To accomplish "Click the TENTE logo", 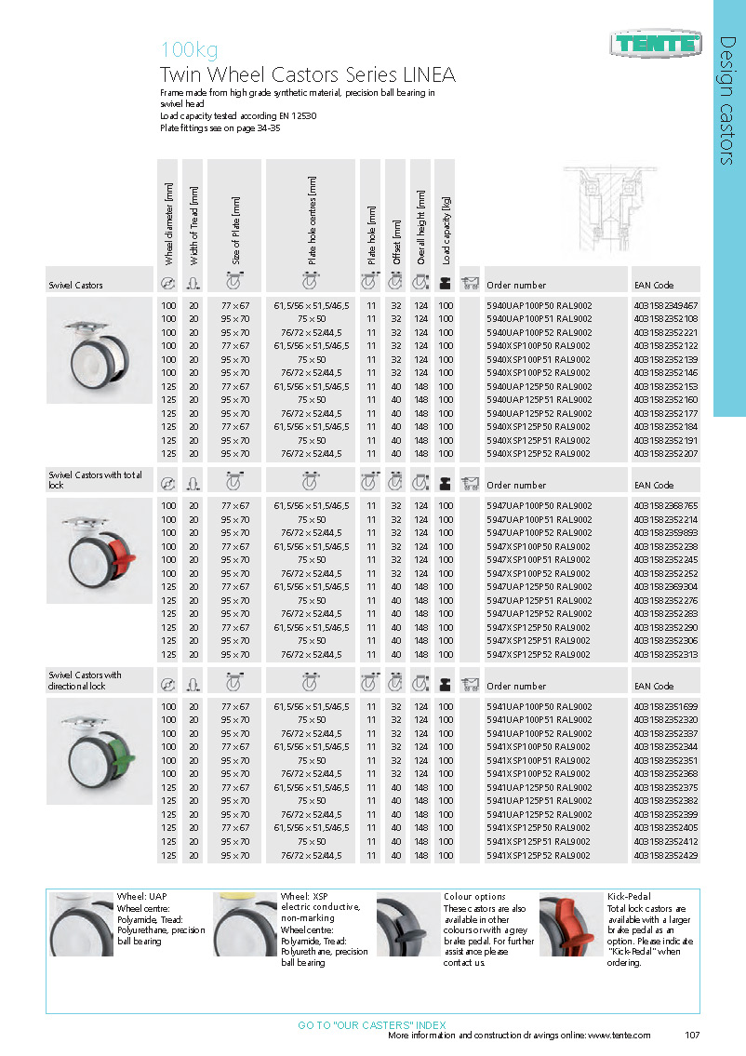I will [x=657, y=42].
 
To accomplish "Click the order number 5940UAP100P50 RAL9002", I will [x=539, y=305].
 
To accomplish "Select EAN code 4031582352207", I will [x=665, y=454].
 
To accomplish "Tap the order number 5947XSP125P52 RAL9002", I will [x=539, y=654].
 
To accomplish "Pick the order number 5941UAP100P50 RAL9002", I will [x=539, y=706].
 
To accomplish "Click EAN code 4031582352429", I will [x=665, y=855].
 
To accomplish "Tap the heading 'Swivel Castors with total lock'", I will [x=96, y=480].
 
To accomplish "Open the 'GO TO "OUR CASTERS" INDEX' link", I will [x=371, y=1024].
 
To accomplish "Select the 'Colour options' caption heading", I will [x=474, y=897].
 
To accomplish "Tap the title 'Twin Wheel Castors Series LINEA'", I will [x=307, y=75].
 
